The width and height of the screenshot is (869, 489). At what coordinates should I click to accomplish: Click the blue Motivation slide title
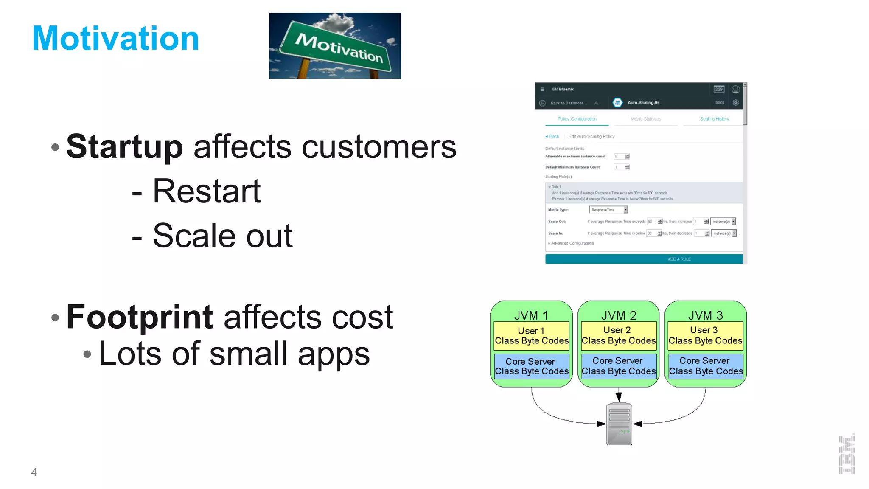(115, 39)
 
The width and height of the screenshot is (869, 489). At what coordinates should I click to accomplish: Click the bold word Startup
(124, 147)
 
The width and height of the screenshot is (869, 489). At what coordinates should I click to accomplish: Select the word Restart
(206, 191)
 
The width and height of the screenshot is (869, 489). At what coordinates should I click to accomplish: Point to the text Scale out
(222, 236)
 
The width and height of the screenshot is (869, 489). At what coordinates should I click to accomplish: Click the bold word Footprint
(140, 317)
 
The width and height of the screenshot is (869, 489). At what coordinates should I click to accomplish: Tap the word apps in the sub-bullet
(334, 354)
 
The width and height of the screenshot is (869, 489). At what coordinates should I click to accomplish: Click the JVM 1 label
(531, 315)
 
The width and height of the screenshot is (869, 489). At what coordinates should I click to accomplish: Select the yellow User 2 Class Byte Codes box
(618, 336)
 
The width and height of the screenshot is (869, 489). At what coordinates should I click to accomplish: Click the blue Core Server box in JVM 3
(705, 366)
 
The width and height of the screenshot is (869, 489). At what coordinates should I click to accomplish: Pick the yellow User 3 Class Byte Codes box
(705, 336)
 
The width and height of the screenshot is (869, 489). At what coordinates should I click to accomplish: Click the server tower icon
(619, 424)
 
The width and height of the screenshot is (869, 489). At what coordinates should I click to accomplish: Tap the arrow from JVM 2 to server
(619, 394)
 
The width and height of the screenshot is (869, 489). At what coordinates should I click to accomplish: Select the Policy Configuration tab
(577, 119)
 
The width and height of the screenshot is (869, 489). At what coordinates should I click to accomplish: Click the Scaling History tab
(714, 119)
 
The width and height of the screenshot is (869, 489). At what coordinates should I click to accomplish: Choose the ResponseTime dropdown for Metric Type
(608, 210)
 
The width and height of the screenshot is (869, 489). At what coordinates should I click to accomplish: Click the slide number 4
(34, 472)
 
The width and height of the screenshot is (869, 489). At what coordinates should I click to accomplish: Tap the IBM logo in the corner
(846, 454)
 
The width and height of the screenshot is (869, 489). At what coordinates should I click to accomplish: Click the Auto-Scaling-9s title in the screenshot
(643, 103)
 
